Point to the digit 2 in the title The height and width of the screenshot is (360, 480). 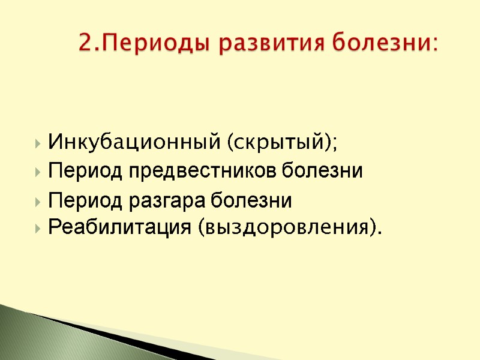pyautogui.click(x=85, y=44)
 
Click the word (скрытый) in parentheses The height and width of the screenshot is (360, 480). pyautogui.click(x=277, y=143)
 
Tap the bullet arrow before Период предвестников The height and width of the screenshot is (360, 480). pyautogui.click(x=39, y=172)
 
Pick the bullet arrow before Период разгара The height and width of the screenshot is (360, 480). pyautogui.click(x=39, y=202)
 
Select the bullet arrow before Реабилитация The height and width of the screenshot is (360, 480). pyautogui.click(x=39, y=228)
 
